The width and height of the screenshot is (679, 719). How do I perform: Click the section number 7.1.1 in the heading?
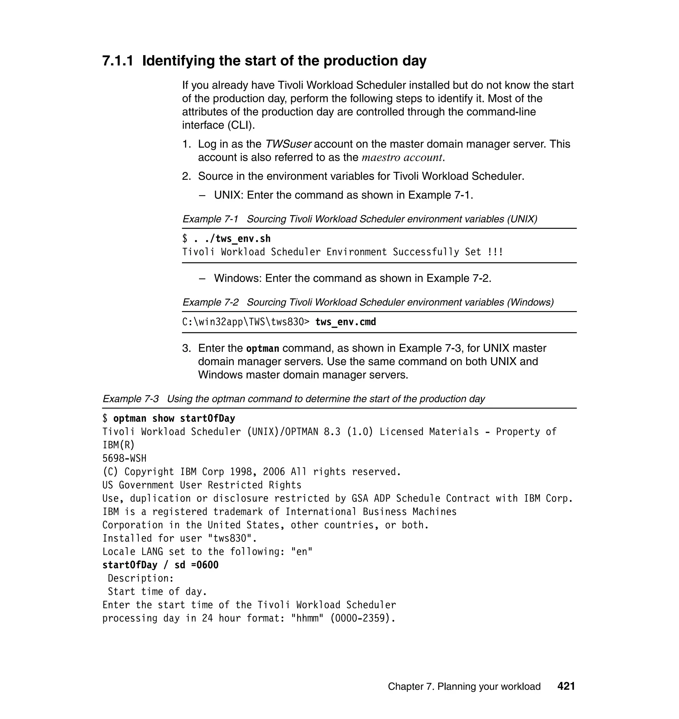(x=117, y=61)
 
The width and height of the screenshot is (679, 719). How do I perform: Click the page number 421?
(x=566, y=686)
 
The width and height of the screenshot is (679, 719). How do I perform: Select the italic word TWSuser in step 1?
(x=288, y=144)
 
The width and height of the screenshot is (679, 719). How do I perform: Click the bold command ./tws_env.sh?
(x=232, y=238)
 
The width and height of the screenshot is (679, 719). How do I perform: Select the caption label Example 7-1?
(x=210, y=219)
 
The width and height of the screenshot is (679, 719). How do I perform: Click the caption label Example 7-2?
(x=210, y=302)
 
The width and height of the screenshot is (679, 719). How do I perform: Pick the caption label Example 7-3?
(x=131, y=399)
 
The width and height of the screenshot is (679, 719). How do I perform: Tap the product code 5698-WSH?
(x=124, y=458)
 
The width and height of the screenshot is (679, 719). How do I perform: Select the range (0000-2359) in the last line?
(x=362, y=618)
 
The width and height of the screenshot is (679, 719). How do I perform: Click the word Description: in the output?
(x=141, y=578)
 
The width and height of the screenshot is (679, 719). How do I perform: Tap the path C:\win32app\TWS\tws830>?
(x=246, y=322)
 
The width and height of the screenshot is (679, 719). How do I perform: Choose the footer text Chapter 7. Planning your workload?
(x=464, y=686)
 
